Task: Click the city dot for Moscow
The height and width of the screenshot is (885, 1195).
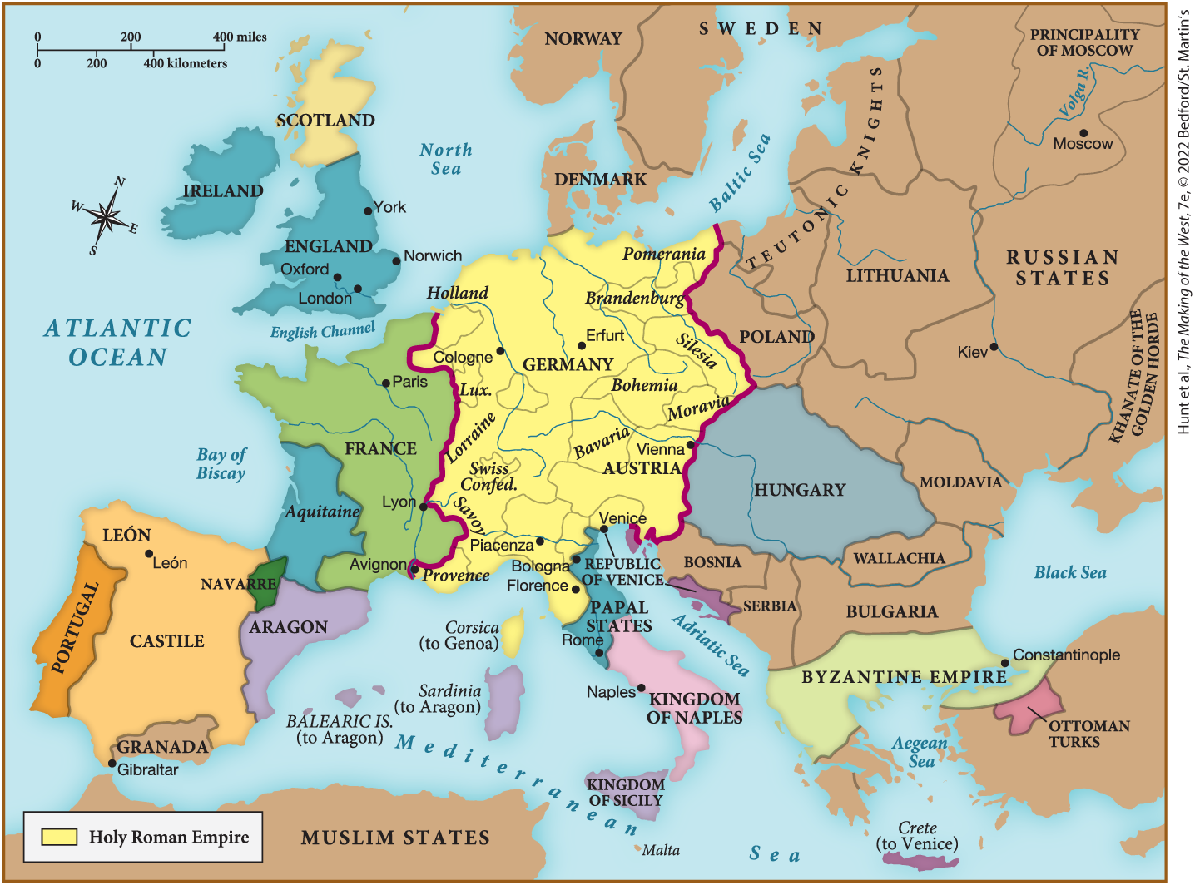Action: coord(1083,133)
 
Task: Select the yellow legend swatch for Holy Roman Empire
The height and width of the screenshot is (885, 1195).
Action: coord(59,837)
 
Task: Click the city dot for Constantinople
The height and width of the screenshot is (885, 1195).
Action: coord(1005,663)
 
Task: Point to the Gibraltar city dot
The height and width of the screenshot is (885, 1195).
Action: coord(112,763)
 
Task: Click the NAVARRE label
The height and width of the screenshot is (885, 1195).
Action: coord(238,585)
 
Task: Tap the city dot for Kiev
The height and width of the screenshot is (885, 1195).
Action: coord(994,347)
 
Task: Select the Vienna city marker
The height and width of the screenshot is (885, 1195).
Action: coord(691,445)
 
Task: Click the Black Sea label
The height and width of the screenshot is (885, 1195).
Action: coord(1070,572)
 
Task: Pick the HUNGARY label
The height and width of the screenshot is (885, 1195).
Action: coord(800,490)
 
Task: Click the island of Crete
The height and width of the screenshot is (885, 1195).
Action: coord(920,859)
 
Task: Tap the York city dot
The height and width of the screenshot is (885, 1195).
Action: coord(368,211)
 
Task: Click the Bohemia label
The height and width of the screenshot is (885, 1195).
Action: coord(644,385)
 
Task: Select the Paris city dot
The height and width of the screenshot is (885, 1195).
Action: coord(386,383)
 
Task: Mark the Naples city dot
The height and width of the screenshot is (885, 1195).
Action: coord(642,689)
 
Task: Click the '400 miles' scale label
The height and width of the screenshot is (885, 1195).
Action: coord(240,37)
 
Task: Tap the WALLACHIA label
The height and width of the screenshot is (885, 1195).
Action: coord(899,558)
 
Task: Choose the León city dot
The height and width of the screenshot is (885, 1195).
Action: coord(149,554)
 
